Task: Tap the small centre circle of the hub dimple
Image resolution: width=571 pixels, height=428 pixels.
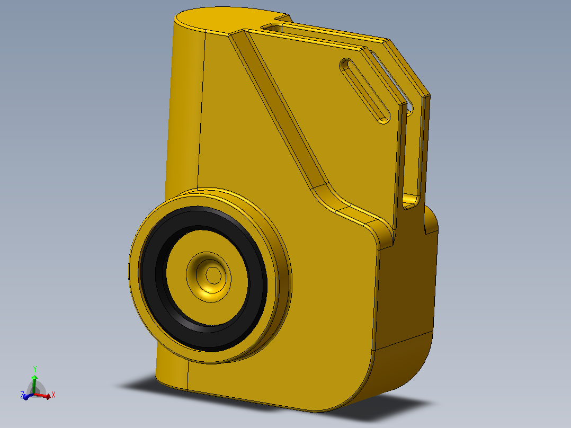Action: tap(213, 275)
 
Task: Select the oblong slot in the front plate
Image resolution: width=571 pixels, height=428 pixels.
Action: tap(364, 91)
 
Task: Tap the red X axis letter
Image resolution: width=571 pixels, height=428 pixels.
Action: tap(53, 395)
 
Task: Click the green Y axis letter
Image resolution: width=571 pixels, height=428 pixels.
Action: tap(35, 369)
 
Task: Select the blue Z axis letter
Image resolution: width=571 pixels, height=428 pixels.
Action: tap(22, 395)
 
